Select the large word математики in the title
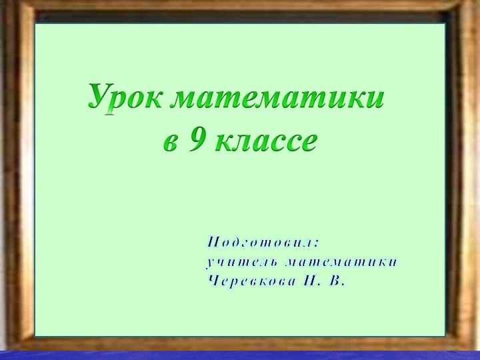(x=277, y=99)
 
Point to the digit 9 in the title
(x=197, y=139)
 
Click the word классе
(x=265, y=141)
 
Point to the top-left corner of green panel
(x=35, y=24)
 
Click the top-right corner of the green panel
(x=445, y=24)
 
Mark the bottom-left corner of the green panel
(x=35, y=335)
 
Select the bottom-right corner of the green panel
(x=445, y=335)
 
